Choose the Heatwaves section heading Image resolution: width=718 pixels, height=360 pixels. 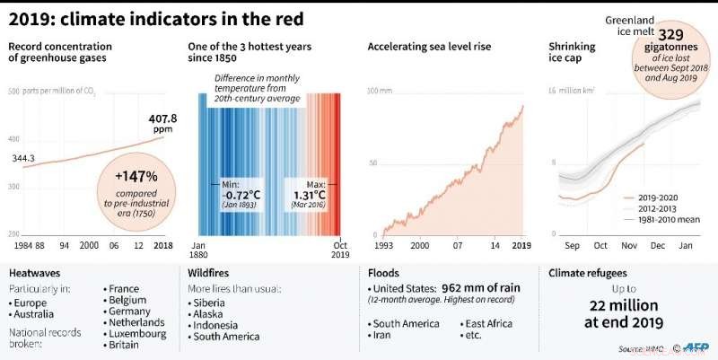coord(36,271)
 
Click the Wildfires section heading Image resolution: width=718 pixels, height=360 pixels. coord(212,271)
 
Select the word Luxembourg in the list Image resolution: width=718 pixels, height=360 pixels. coord(137,333)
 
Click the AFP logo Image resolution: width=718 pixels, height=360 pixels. coord(693,347)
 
